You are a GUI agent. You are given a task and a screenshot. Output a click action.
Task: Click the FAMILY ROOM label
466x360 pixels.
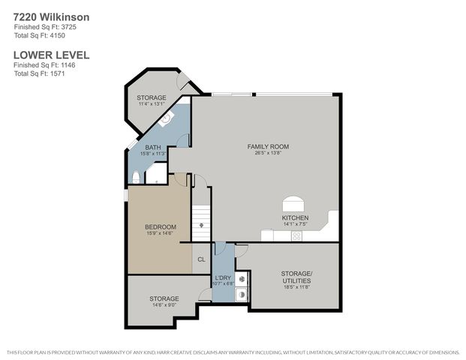pyautogui.click(x=268, y=146)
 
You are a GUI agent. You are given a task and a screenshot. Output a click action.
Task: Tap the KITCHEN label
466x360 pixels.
pyautogui.click(x=295, y=217)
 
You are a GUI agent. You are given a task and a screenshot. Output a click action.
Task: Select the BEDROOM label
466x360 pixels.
pyautogui.click(x=161, y=227)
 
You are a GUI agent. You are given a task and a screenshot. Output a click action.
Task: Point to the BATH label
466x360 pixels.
pyautogui.click(x=153, y=147)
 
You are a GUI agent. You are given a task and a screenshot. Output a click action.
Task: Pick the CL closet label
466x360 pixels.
pyautogui.click(x=201, y=259)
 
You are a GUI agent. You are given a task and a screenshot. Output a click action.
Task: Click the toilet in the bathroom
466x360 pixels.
pyautogui.click(x=135, y=177)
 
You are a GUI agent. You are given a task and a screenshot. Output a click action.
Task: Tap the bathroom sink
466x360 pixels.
pyautogui.click(x=167, y=117)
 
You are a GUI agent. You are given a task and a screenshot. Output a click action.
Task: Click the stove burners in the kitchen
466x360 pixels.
pyautogui.click(x=296, y=235)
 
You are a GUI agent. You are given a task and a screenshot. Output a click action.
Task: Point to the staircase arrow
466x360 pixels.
pyautogui.click(x=201, y=223)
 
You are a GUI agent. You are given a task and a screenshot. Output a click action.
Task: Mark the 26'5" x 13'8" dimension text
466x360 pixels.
pyautogui.click(x=268, y=153)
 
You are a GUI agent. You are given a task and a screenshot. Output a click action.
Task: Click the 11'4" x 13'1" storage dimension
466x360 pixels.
pyautogui.click(x=151, y=104)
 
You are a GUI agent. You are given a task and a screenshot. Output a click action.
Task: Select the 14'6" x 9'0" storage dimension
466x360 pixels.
pyautogui.click(x=164, y=304)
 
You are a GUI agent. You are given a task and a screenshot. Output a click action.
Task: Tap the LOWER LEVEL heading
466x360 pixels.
pyautogui.click(x=52, y=55)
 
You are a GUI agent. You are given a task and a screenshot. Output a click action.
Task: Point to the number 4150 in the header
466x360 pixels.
pyautogui.click(x=53, y=35)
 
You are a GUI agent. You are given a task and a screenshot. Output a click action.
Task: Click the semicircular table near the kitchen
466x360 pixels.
pyautogui.click(x=293, y=205)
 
